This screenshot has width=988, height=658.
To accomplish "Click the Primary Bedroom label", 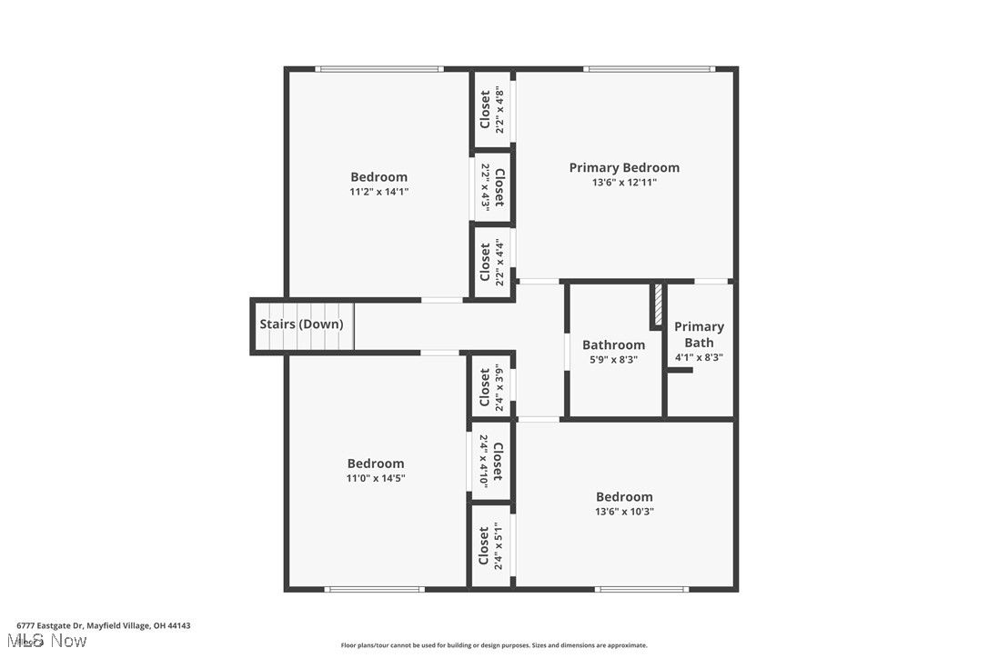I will click(624, 167).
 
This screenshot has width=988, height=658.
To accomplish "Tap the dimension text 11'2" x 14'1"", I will click(378, 192).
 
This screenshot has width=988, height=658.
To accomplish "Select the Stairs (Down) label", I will click(301, 324).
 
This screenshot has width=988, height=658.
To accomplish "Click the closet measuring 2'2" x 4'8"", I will click(491, 109).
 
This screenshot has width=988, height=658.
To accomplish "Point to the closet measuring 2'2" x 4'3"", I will click(492, 186).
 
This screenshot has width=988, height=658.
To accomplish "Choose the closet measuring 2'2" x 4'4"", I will click(491, 264).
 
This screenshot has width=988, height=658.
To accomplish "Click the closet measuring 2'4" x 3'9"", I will click(491, 386).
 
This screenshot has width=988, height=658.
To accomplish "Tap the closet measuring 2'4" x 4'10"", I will click(491, 461).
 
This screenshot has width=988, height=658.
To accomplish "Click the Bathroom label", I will click(613, 344).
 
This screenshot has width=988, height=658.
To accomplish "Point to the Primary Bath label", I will click(699, 334).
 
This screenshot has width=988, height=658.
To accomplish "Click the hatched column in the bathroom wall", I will click(656, 307).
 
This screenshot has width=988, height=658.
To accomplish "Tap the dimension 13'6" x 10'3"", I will click(624, 512).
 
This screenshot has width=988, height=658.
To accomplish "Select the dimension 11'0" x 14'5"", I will click(375, 478).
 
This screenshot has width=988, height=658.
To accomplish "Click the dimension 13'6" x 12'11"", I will click(624, 183).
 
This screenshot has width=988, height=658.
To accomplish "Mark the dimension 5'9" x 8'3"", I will click(613, 360).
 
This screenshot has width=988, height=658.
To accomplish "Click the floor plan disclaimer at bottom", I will click(494, 645).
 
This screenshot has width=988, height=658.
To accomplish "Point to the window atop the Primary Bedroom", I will click(649, 68).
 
